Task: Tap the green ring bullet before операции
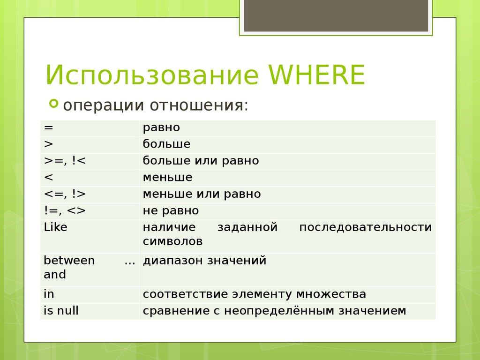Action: pyautogui.click(x=54, y=103)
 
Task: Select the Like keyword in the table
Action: pyautogui.click(x=55, y=227)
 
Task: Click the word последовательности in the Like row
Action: pyautogui.click(x=365, y=227)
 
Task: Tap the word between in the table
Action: pyautogui.click(x=69, y=261)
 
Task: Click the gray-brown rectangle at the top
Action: pyautogui.click(x=336, y=15)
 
